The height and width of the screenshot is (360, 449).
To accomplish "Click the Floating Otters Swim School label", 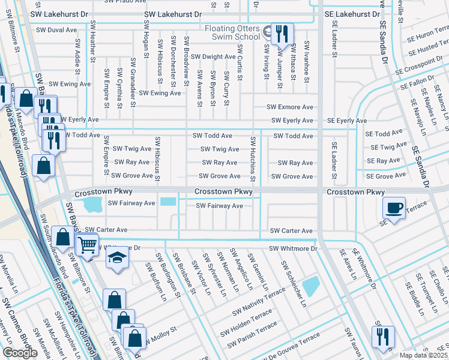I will pos(222,33).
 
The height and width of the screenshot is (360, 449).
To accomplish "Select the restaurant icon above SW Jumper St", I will pos(282,34).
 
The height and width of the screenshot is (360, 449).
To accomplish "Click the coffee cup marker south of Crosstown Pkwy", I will pos(394,208).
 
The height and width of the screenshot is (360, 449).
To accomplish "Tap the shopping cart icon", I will pos(87,245).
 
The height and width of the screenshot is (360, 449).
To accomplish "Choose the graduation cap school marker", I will pos(117,258).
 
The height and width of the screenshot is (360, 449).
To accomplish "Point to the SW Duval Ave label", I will pos(57,29).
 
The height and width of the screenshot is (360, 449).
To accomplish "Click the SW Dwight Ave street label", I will pos(210,57).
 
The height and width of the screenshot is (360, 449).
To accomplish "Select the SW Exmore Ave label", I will pos(291,107).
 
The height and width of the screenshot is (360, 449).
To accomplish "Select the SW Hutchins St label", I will pos(253,160).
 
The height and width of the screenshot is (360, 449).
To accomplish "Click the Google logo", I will pos(20,353).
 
